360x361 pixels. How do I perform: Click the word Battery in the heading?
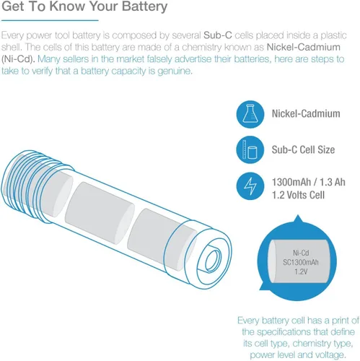(144, 6)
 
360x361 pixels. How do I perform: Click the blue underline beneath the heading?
(50, 20)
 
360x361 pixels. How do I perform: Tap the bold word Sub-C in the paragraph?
(218, 35)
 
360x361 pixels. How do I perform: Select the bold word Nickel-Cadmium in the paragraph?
(304, 47)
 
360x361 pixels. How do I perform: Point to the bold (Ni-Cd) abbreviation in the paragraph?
(18, 59)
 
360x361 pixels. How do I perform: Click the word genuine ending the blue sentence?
(175, 71)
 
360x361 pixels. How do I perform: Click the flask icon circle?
(250, 114)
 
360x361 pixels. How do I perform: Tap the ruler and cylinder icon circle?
(250, 149)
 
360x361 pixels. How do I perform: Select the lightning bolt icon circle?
(250, 186)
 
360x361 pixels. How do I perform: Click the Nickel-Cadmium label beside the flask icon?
(306, 113)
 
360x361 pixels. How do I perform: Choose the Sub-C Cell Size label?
(303, 149)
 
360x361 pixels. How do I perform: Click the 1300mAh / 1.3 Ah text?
(309, 182)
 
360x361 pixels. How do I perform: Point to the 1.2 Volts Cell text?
(298, 195)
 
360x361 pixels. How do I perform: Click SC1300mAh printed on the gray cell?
(301, 262)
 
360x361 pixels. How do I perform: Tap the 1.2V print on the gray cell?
(301, 271)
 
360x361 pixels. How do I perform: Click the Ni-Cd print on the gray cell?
(301, 253)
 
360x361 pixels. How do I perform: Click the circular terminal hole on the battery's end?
(213, 261)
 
